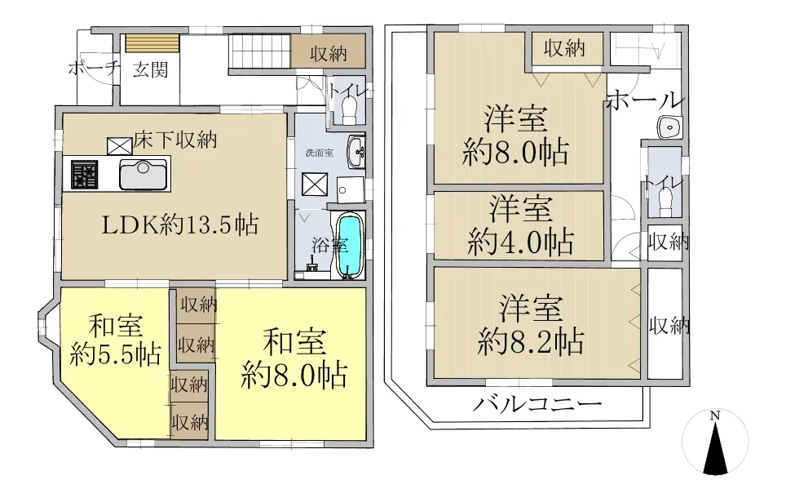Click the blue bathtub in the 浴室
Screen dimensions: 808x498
[350, 246]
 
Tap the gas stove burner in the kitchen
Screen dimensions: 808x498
[85, 175]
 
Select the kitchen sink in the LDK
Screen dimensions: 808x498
[143, 175]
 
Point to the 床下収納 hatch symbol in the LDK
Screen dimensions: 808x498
[120, 146]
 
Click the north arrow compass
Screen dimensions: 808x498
[715, 442]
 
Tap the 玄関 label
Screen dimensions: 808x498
[151, 69]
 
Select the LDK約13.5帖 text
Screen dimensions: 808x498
[180, 225]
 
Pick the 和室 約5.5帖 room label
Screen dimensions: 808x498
[116, 340]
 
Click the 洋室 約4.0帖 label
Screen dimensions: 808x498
[520, 225]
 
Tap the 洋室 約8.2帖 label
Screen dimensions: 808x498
[531, 325]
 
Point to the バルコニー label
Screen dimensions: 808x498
[537, 403]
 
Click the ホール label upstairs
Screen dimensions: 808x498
[645, 100]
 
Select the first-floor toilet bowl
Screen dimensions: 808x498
[350, 109]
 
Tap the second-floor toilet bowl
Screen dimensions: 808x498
[665, 201]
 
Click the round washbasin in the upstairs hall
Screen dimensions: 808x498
[670, 127]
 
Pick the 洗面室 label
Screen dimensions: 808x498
[319, 153]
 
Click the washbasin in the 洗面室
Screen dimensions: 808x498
[356, 152]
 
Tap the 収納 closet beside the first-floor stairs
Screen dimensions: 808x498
[329, 51]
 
